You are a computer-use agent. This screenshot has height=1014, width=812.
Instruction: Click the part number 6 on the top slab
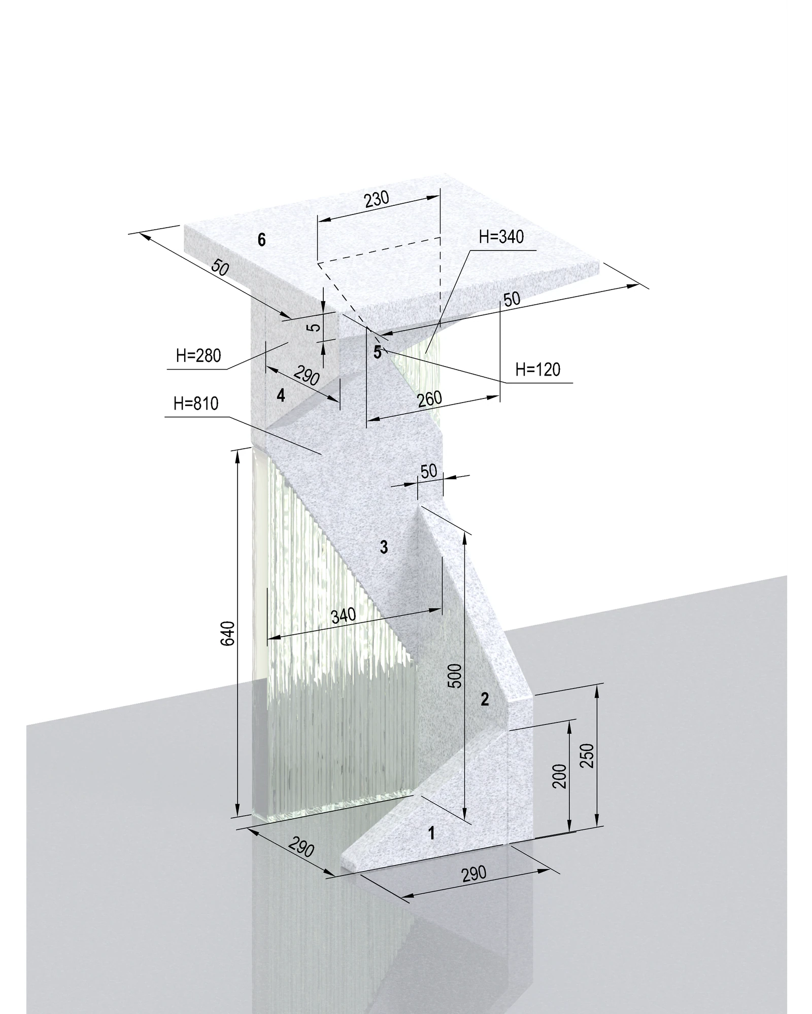click(x=261, y=239)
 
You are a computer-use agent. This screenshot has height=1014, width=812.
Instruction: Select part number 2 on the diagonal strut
click(x=485, y=699)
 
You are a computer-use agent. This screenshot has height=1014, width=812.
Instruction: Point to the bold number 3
click(x=384, y=547)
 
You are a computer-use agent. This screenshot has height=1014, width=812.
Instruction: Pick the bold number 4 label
click(x=281, y=395)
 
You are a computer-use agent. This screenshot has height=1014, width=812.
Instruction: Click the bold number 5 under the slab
click(x=377, y=352)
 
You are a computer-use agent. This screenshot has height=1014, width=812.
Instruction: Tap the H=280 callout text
click(x=198, y=355)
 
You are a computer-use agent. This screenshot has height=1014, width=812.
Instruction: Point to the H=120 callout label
click(x=538, y=370)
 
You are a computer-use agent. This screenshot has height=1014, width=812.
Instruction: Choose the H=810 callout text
click(x=196, y=404)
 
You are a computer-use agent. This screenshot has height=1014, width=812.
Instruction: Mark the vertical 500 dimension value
click(x=456, y=675)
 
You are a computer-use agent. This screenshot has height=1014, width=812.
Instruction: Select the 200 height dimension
click(x=559, y=776)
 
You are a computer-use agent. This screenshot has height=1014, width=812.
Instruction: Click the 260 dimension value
click(x=429, y=400)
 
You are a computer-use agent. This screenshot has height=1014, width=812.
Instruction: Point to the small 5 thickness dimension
click(x=315, y=327)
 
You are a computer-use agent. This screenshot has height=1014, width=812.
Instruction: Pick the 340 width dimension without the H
click(x=343, y=615)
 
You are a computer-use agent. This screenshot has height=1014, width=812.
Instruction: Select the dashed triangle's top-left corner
click(x=318, y=263)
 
